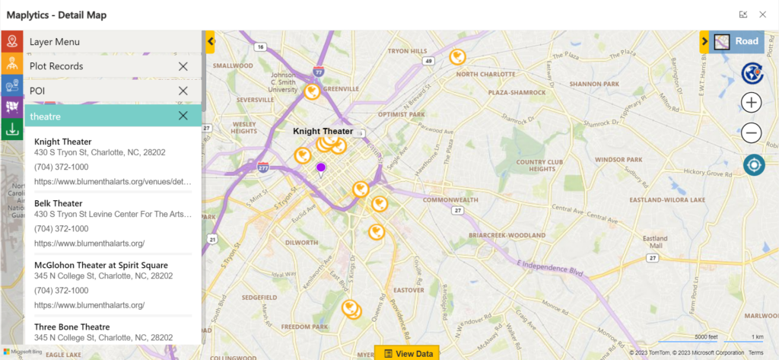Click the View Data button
coord(407,353)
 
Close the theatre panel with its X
coord(183,116)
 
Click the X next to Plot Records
coord(183,66)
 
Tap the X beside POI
coord(183,91)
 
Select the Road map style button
coord(737,42)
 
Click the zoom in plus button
coord(752,103)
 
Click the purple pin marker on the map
coord(321,167)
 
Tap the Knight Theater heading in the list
coord(63,142)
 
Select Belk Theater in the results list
coord(59,203)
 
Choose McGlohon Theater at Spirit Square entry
coord(101,265)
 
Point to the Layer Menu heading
coord(55,42)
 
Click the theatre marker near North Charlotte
coord(457,56)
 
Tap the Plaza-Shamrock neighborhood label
coord(519,92)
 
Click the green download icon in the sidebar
coord(11,129)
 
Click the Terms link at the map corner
coord(755,353)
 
